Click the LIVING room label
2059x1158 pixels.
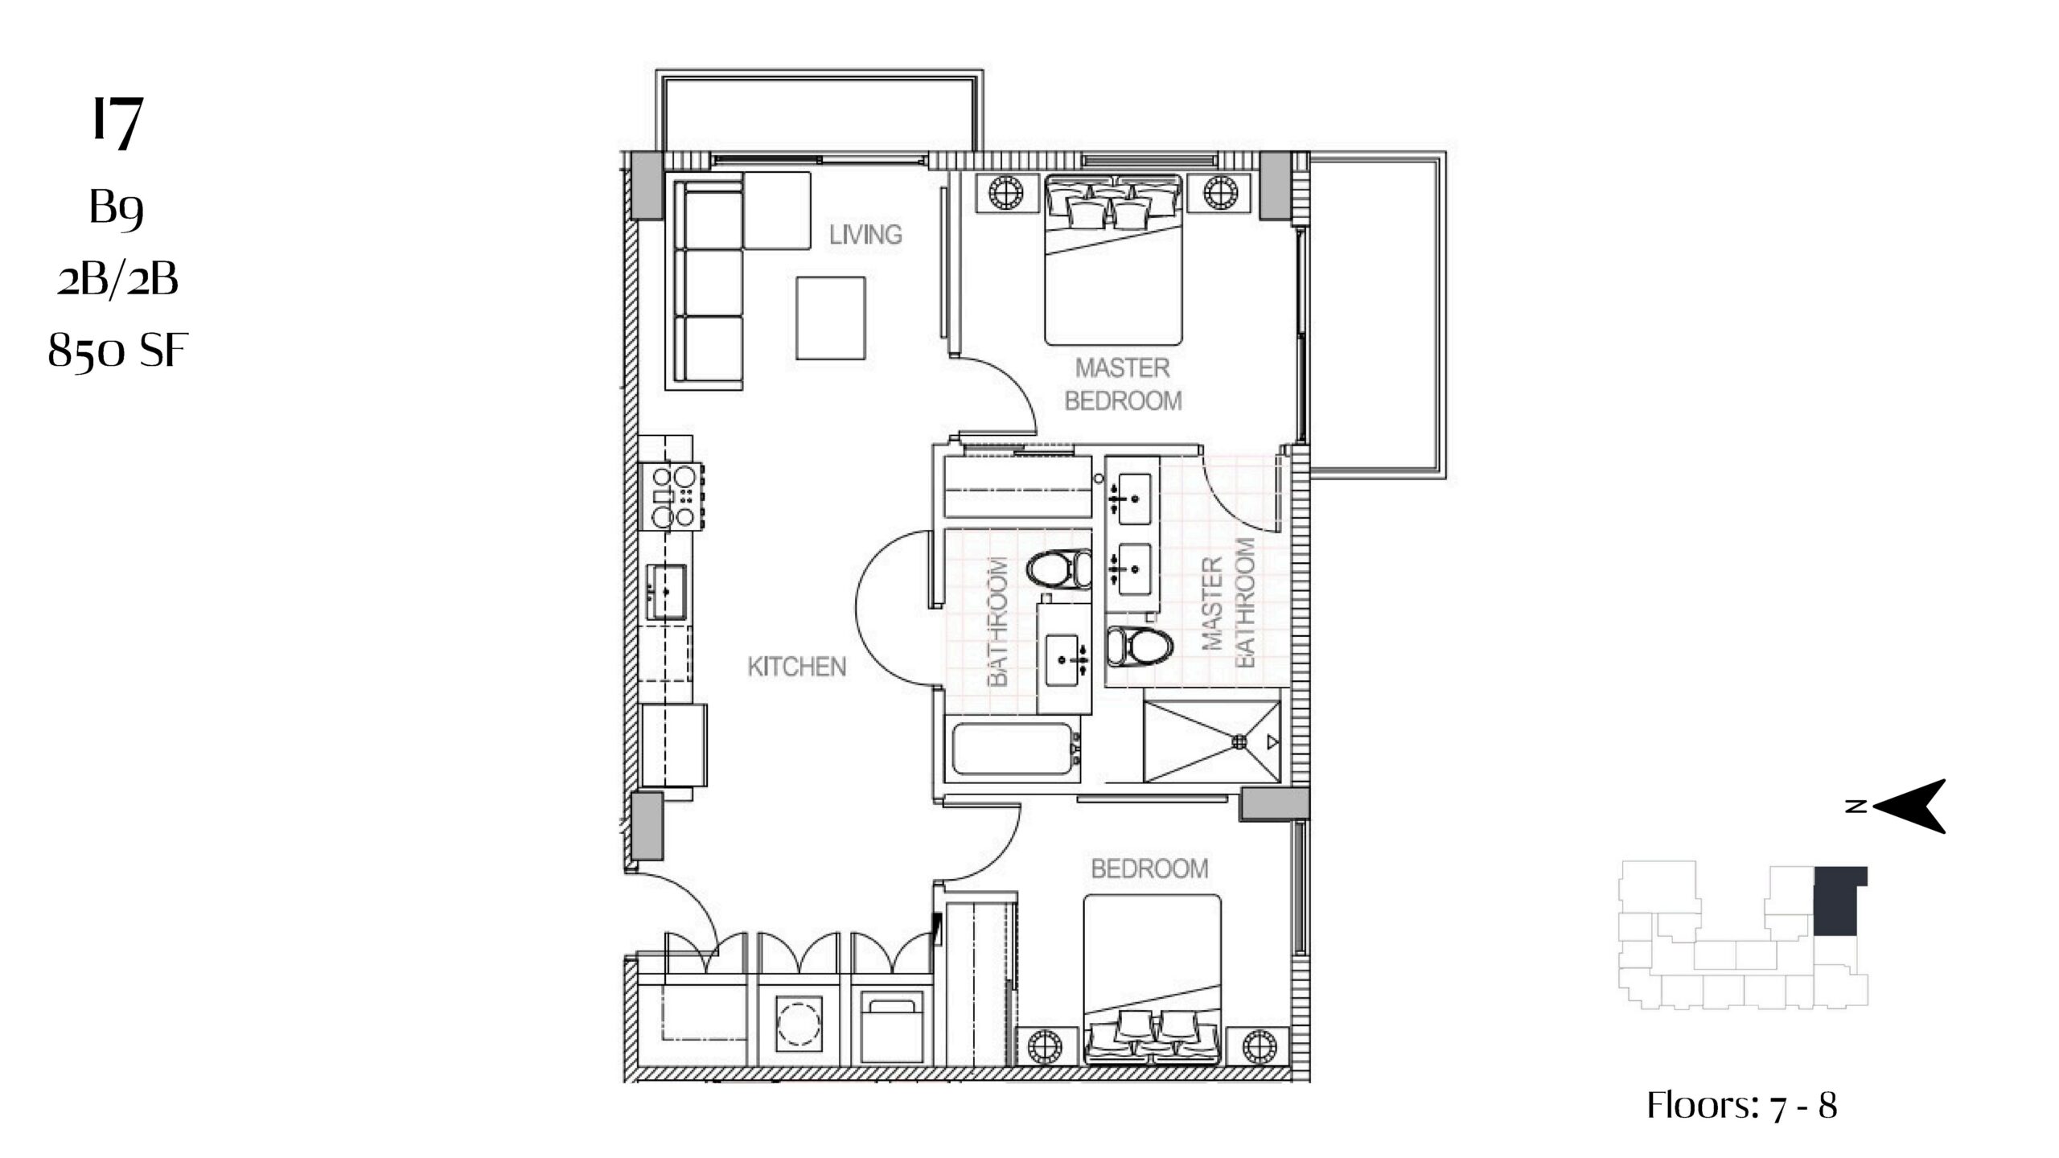865,235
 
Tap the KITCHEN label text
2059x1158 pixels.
797,667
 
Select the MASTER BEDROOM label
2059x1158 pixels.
1123,384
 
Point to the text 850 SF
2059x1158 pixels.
117,351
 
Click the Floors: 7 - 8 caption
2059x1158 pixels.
1742,1106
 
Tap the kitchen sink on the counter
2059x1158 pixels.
667,591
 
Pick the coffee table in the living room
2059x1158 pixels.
831,318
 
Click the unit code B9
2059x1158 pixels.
117,208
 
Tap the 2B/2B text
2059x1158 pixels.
117,279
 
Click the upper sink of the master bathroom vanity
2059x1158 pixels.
1132,499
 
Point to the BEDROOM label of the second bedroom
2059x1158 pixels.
1149,868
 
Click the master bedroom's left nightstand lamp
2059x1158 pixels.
1003,193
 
